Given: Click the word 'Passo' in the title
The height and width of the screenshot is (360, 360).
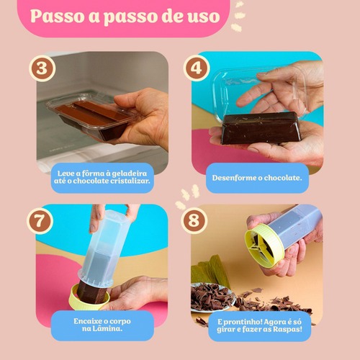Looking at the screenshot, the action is pos(57,17).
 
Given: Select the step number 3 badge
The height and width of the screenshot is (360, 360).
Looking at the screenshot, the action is pos(42,68).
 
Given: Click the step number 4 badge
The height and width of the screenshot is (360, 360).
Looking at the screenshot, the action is pos(197,68).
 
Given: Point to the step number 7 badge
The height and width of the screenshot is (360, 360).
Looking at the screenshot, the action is pos(40,221).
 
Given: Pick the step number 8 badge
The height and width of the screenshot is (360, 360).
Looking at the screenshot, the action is pos(194,220).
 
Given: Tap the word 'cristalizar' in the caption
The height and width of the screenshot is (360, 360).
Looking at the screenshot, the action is pos(130,181).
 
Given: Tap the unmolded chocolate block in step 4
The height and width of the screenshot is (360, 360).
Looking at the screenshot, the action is pos(261,128).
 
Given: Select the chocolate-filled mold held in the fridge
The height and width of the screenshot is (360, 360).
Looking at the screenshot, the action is pos(92,115).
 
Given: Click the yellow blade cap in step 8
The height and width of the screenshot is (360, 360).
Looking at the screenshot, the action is pos(264,246).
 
